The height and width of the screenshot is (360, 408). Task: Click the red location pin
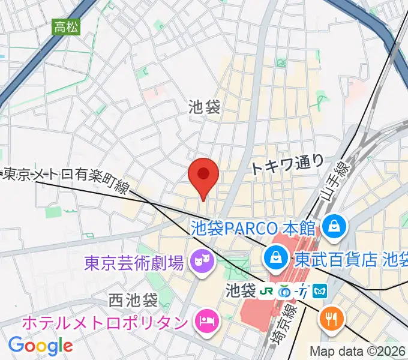[203, 176]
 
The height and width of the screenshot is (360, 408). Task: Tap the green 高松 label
[67, 27]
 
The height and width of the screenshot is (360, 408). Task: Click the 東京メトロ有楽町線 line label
[66, 179]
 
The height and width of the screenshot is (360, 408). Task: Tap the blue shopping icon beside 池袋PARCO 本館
[331, 226]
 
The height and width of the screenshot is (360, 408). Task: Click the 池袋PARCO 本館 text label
[253, 227]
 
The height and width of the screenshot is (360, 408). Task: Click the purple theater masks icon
[199, 261]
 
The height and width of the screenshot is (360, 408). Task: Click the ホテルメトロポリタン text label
[104, 322]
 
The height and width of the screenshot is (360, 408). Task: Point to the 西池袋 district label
[133, 298]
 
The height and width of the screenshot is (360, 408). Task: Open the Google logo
[40, 345]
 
